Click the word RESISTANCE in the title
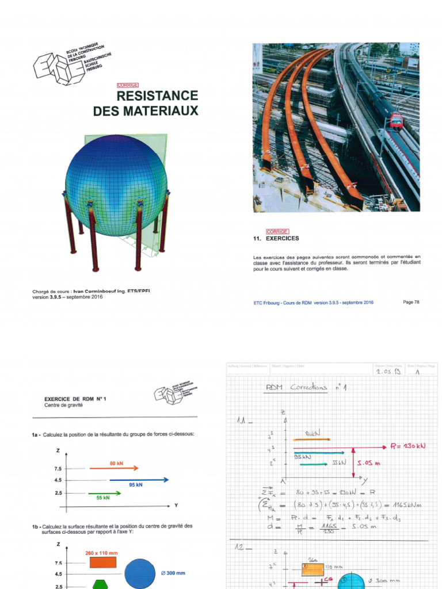click(x=157, y=95)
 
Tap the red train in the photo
click(x=396, y=121)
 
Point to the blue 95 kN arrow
click(x=139, y=479)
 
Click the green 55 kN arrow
click(x=105, y=493)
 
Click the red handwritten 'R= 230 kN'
click(x=405, y=446)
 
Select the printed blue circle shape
click(x=140, y=574)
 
